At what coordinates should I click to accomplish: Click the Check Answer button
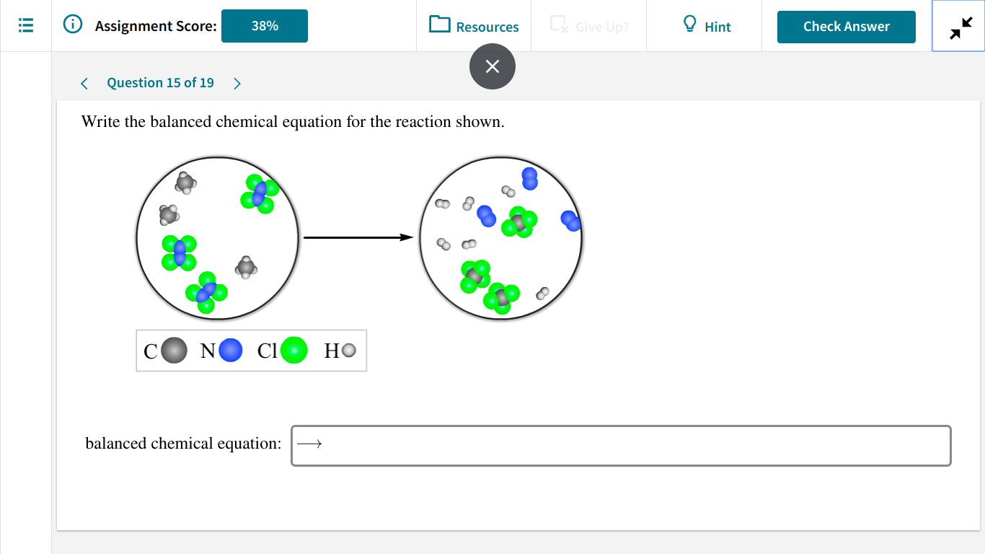846,27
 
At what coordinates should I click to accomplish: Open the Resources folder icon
439,25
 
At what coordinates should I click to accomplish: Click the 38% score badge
264,26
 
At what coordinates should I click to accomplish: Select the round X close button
492,66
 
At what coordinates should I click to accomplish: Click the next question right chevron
237,84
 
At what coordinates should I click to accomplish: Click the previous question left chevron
84,84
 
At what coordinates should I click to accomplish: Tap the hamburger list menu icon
26,26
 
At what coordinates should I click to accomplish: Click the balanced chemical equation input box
620,446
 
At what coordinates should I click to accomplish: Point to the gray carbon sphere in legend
174,351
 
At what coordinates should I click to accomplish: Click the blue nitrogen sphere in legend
231,351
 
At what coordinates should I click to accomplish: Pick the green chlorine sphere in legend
293,351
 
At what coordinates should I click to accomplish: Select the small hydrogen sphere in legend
349,351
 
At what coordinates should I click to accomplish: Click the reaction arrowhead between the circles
407,237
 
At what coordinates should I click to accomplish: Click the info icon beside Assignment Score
72,25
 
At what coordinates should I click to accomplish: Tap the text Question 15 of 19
160,83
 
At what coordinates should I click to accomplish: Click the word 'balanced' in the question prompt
180,122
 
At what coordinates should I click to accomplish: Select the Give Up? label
601,27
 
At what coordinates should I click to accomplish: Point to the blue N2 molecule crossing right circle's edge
571,221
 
